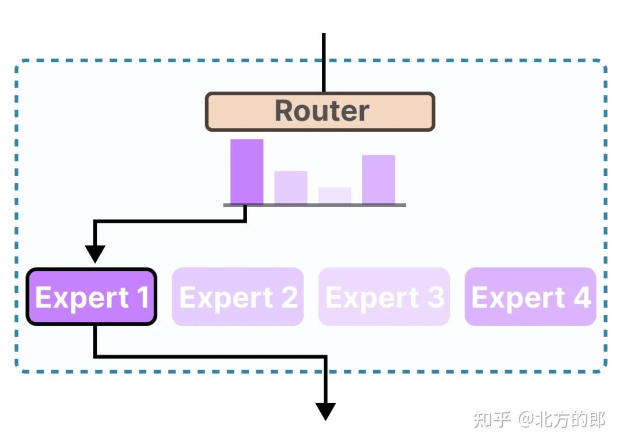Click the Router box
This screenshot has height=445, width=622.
[x=320, y=111]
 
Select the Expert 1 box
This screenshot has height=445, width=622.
[x=92, y=297]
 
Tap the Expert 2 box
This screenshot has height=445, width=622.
[x=237, y=297]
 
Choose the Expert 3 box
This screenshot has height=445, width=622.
[x=384, y=297]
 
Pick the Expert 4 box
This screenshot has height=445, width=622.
[x=530, y=297]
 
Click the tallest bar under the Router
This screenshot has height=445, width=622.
[x=246, y=171]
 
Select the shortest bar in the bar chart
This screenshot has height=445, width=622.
[x=335, y=195]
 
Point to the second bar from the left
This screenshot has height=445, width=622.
[x=290, y=187]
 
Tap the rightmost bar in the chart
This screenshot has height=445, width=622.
[x=378, y=179]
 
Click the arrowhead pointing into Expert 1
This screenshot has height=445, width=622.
[x=95, y=253]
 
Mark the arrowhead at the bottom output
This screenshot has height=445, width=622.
[x=325, y=411]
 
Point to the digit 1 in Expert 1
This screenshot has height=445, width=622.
[x=142, y=297]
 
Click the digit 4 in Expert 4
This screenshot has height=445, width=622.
[x=582, y=297]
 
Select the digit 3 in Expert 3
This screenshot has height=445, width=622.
[x=435, y=297]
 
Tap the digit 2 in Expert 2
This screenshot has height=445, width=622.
[x=289, y=297]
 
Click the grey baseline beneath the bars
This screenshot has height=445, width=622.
[x=314, y=205]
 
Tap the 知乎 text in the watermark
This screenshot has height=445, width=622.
[x=492, y=419]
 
